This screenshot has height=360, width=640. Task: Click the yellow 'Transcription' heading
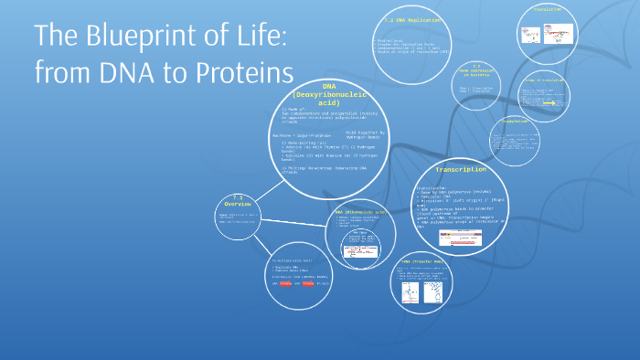tap(461, 169)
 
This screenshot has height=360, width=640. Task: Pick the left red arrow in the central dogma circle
tap(285, 284)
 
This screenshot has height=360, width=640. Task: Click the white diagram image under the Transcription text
tap(461, 238)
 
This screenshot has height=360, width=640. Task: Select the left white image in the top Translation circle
tap(530, 34)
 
